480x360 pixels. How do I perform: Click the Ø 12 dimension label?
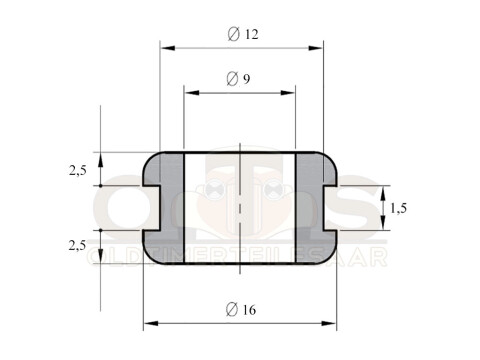[243, 34]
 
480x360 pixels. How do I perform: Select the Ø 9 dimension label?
[238, 79]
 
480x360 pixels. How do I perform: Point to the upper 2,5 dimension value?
[77, 171]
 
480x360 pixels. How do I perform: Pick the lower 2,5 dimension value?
[77, 245]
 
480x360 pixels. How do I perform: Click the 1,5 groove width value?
[398, 208]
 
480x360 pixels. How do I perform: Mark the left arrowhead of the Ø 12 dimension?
[166, 47]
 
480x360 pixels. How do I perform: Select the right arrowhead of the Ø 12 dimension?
[318, 47]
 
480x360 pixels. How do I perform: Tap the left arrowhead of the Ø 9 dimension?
[190, 93]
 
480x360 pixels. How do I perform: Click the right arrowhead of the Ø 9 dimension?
[290, 93]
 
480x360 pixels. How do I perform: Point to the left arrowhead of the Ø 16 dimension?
[150, 323]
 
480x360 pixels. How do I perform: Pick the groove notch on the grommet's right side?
[329, 208]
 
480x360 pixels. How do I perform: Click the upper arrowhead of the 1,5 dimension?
[383, 192]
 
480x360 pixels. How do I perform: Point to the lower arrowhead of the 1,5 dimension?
[383, 224]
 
